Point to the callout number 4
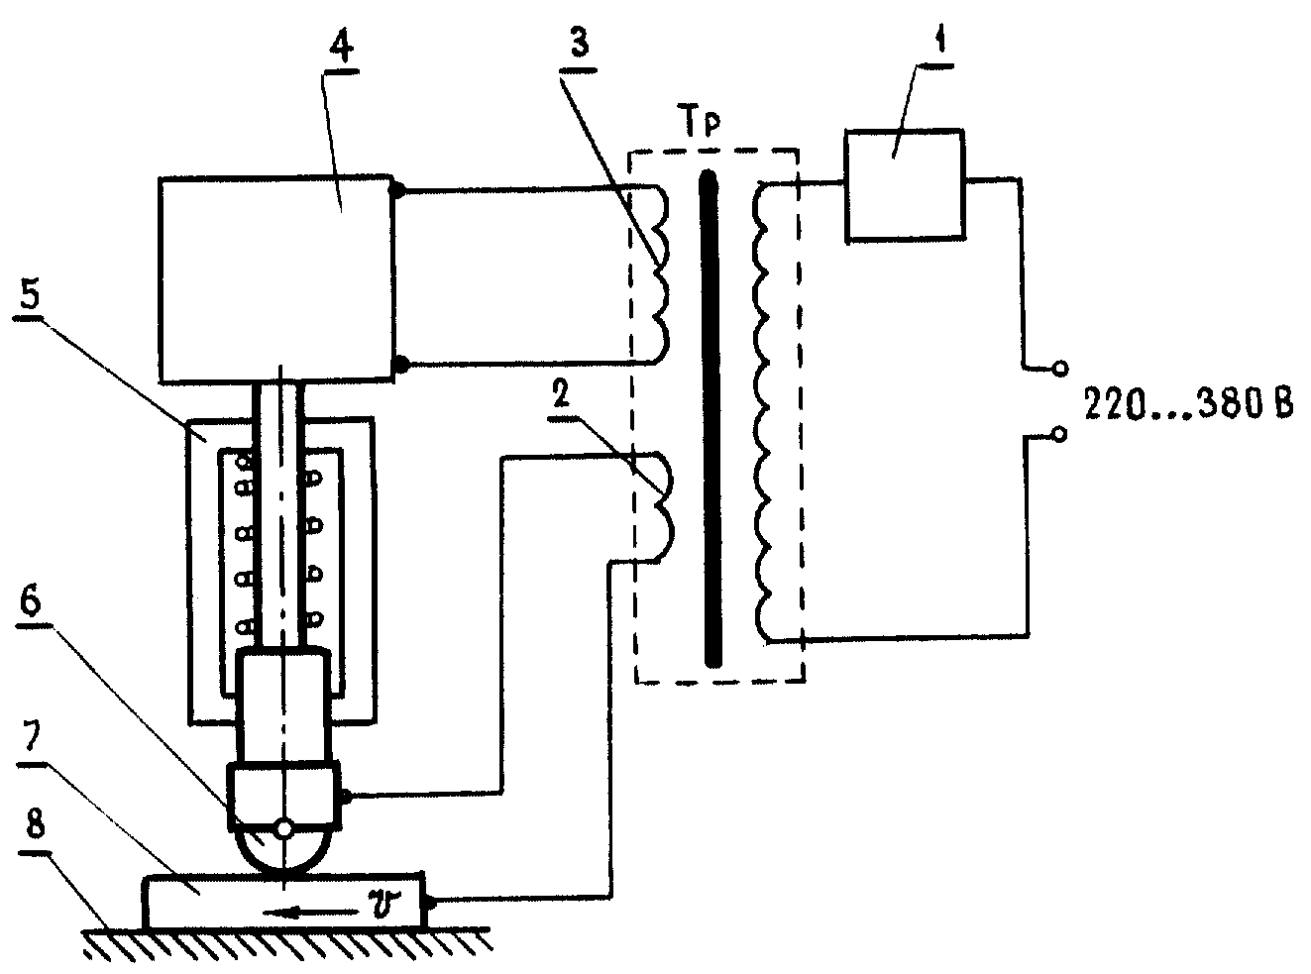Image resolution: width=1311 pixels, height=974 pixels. (341, 45)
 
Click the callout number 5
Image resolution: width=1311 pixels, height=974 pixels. (30, 293)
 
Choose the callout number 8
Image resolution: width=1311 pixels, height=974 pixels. (35, 822)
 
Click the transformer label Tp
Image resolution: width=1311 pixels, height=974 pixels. (702, 125)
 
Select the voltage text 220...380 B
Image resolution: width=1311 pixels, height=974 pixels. (1189, 404)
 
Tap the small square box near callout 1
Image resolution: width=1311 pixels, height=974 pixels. (905, 185)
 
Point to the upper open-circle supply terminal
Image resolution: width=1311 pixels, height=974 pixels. (1061, 369)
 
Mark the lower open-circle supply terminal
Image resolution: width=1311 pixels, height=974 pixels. (1060, 435)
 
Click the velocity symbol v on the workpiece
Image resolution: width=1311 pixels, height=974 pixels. (384, 904)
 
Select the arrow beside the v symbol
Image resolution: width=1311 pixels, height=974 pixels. (311, 914)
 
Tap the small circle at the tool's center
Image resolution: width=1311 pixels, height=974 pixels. (285, 830)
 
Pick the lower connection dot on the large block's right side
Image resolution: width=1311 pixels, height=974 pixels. (400, 364)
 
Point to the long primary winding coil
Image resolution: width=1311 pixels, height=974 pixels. (762, 412)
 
